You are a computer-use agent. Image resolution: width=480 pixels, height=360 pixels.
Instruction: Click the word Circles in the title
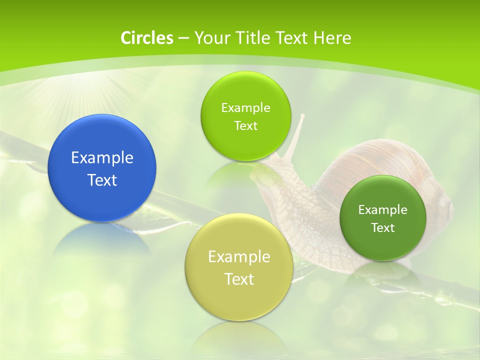(146, 38)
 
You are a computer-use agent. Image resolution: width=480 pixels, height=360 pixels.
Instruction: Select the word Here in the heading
(332, 38)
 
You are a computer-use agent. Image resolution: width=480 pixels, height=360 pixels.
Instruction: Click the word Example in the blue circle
(102, 158)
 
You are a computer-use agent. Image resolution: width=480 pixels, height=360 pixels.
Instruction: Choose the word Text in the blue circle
(102, 180)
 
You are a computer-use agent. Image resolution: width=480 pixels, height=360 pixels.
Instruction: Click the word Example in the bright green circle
(245, 108)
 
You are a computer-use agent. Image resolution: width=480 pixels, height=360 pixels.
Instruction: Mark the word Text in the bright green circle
(245, 125)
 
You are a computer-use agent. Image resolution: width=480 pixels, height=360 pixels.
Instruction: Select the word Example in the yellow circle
(239, 257)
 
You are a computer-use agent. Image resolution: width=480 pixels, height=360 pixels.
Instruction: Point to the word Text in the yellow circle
(239, 279)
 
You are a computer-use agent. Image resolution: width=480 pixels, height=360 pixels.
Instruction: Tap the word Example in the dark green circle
(383, 210)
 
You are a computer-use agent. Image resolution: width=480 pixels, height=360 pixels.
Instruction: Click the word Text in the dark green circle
(383, 228)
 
